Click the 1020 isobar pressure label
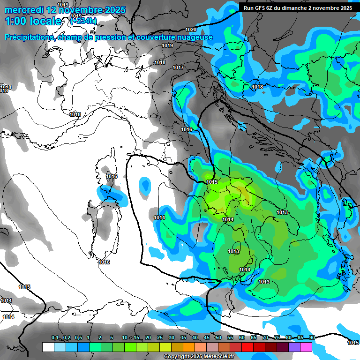pyautogui.click(x=191, y=30)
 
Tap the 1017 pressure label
pyautogui.click(x=178, y=68)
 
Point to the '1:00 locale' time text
pyautogui.click(x=33, y=21)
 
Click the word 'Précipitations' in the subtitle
pyautogui.click(x=28, y=37)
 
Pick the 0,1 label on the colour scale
pyautogui.click(x=55, y=337)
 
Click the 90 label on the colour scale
pyautogui.click(x=312, y=337)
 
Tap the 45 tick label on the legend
pyautogui.click(x=207, y=337)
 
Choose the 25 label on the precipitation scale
pyautogui.click(x=160, y=337)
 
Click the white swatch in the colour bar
pyautogui.click(x=48, y=347)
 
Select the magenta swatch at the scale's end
pyautogui.click(x=306, y=347)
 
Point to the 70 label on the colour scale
pyautogui.click(x=265, y=337)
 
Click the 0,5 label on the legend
pyautogui.click(x=78, y=337)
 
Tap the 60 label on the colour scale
pyautogui.click(x=242, y=337)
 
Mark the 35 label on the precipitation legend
pyautogui.click(x=183, y=337)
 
